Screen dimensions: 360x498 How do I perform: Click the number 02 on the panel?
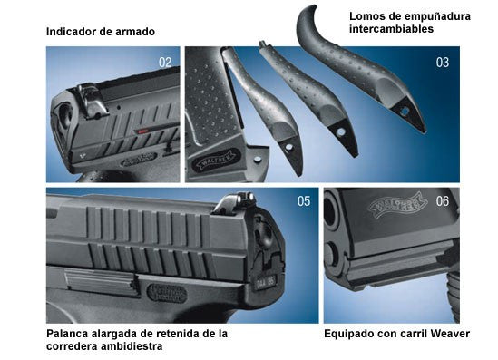click(x=164, y=63)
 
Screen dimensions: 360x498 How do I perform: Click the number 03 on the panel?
click(x=443, y=63)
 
